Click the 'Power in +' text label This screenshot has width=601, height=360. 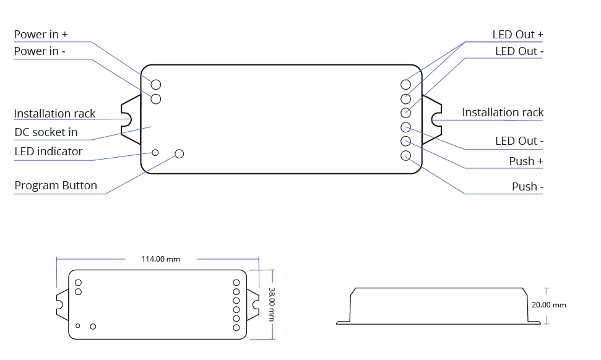click(x=41, y=35)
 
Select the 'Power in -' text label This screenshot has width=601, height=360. click(x=40, y=51)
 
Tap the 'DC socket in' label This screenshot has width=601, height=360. click(x=46, y=132)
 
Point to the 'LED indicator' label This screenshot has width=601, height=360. click(x=48, y=152)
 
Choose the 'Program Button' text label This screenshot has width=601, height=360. click(x=56, y=186)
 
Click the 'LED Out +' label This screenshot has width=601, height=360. click(x=517, y=35)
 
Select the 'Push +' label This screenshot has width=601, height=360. click(x=526, y=161)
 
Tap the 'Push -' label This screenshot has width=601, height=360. click(x=527, y=187)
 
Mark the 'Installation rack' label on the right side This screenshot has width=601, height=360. click(x=503, y=113)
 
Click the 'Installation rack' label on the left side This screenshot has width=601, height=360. click(x=54, y=114)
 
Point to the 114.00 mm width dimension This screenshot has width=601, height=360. click(x=160, y=259)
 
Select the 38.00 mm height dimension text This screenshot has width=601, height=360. click(x=271, y=304)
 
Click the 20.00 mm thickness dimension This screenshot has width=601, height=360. click(x=549, y=305)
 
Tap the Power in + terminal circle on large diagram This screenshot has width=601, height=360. click(x=156, y=84)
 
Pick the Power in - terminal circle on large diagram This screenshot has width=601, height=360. click(x=156, y=99)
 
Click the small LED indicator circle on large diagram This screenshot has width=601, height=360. click(x=155, y=152)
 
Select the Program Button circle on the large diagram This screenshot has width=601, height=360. click(x=179, y=153)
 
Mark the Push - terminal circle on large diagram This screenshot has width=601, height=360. click(x=406, y=156)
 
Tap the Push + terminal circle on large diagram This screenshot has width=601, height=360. click(x=406, y=142)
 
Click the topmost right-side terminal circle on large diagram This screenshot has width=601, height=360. click(x=406, y=84)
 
